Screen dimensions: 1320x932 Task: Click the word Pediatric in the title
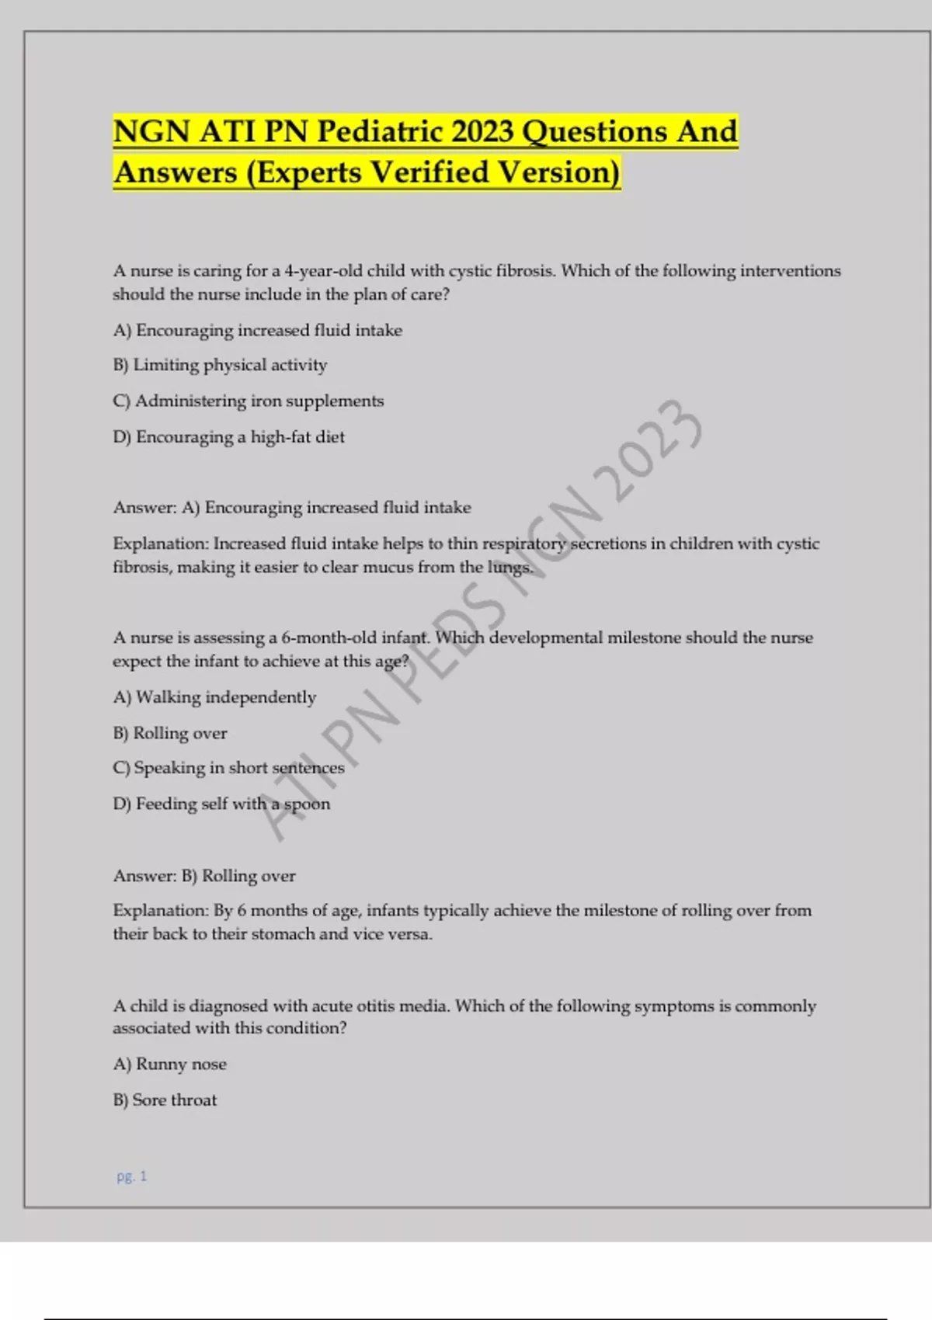tap(381, 131)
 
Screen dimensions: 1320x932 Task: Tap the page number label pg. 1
tap(131, 1176)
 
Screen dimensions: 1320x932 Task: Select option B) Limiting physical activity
tap(220, 365)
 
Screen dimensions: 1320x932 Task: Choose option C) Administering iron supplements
tap(249, 401)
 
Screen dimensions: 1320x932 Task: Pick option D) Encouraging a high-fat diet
tap(228, 437)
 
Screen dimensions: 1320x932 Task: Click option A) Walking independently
tap(214, 697)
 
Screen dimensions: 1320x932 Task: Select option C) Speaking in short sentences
tap(228, 768)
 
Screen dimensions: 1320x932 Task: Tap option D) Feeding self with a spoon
tap(221, 804)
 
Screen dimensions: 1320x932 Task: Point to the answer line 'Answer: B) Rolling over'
tap(204, 876)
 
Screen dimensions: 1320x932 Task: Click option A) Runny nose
tap(169, 1064)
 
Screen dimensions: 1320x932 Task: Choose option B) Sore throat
tap(165, 1099)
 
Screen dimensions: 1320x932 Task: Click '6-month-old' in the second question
tap(329, 637)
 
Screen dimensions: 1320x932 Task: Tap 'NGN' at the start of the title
tap(151, 131)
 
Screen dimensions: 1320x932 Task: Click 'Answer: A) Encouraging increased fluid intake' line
tap(292, 508)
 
